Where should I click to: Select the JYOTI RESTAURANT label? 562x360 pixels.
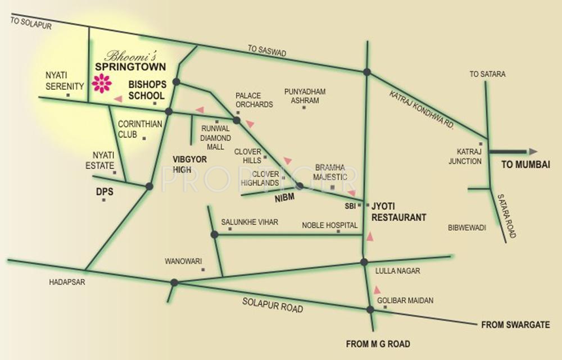tap(398, 212)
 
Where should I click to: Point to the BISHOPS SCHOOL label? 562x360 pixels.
tap(147, 90)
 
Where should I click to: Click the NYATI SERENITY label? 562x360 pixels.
tap(65, 80)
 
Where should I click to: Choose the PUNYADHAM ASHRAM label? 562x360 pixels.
tap(305, 95)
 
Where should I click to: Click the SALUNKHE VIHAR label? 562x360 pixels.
tap(249, 222)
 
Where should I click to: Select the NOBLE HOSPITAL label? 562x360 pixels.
tap(330, 225)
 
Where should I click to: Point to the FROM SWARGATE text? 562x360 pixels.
tap(514, 325)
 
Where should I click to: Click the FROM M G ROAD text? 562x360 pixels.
tap(378, 344)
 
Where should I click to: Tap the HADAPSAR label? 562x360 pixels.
tap(67, 282)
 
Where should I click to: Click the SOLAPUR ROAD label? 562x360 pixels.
tap(273, 305)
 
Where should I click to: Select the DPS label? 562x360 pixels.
tap(105, 192)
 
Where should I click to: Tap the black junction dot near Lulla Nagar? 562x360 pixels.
tap(364, 262)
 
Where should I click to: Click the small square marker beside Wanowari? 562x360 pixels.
tap(203, 270)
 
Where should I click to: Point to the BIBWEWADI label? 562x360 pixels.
tap(466, 227)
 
